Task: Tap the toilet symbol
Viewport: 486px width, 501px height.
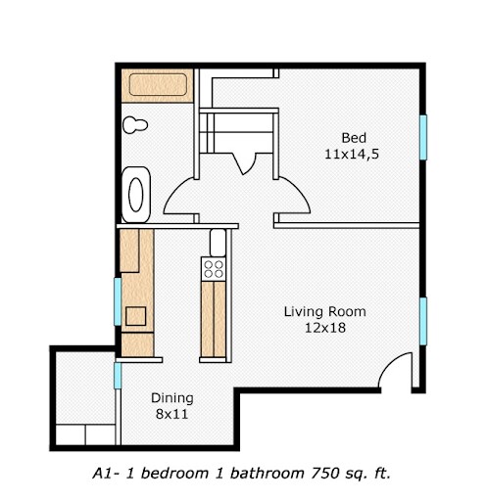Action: [135, 125]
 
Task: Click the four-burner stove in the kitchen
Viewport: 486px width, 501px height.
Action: [214, 267]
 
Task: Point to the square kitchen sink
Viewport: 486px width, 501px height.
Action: [135, 316]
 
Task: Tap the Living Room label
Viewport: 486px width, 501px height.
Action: [324, 312]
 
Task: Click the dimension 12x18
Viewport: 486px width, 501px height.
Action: [324, 329]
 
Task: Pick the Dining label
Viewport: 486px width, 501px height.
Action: [171, 398]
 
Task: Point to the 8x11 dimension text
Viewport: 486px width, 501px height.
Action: [171, 415]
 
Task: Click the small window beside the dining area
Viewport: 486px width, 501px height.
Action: [117, 375]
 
